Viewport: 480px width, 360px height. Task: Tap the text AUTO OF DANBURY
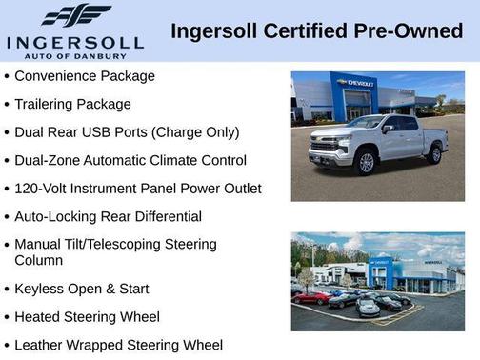(75, 55)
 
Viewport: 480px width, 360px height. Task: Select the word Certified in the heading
(293, 32)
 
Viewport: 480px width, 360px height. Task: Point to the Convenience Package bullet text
(85, 75)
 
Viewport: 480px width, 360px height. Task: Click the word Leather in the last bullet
(40, 345)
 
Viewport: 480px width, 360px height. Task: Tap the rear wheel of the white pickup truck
(434, 154)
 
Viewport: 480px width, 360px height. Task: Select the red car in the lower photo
(310, 297)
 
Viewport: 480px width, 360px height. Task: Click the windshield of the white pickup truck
(364, 123)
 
